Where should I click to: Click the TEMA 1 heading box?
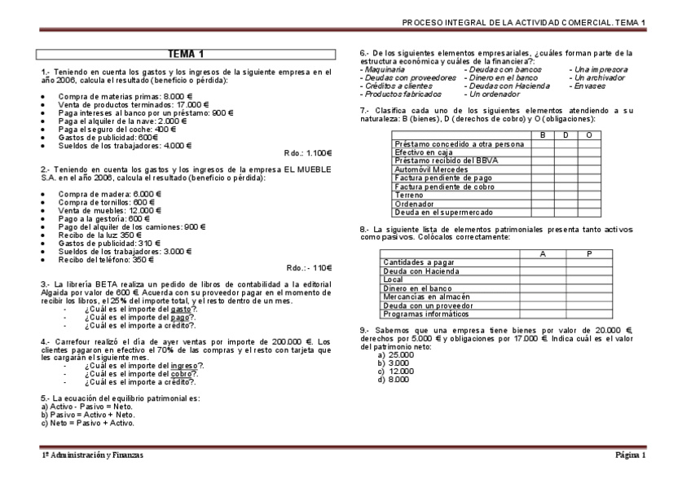[x=187, y=55]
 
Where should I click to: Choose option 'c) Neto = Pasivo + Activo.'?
[x=88, y=424]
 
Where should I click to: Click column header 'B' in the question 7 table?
[x=543, y=134]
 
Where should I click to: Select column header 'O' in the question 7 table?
[x=588, y=134]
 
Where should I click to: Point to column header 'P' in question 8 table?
[x=588, y=254]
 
